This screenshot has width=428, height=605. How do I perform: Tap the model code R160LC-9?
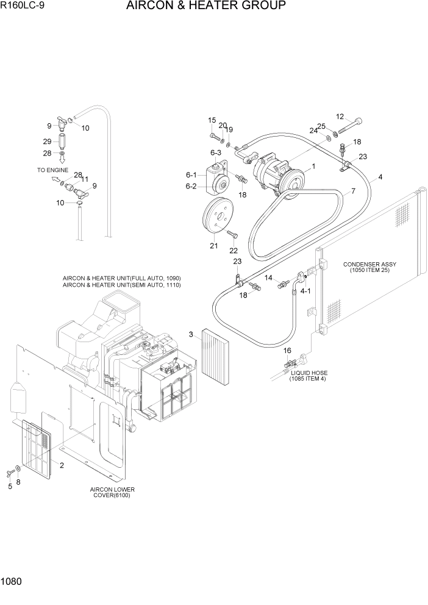(23, 7)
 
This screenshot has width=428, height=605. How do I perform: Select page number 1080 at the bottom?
(12, 582)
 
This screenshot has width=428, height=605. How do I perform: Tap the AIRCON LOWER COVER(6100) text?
(112, 492)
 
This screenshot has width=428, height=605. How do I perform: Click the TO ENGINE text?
(52, 170)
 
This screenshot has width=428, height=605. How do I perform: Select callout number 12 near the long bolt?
(340, 116)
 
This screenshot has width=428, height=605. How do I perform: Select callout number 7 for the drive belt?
(352, 192)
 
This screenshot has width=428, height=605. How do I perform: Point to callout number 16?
(288, 351)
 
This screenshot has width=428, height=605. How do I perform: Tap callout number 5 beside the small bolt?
(10, 486)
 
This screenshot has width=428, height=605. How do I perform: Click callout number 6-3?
(215, 152)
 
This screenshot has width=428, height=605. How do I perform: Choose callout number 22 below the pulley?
(233, 250)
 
